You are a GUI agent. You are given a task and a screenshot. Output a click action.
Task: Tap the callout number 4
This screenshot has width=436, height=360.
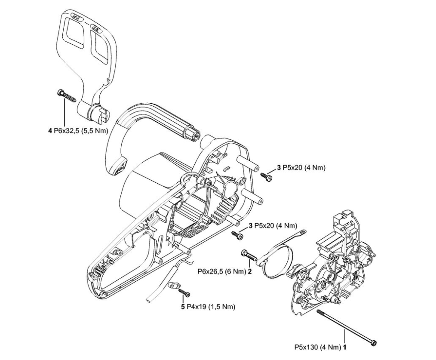50,129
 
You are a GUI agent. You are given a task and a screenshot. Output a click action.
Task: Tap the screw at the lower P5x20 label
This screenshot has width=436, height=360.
237,234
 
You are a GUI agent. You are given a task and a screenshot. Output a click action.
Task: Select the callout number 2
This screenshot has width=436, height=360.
249,272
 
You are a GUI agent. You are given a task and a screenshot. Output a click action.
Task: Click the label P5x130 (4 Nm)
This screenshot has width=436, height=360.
317,346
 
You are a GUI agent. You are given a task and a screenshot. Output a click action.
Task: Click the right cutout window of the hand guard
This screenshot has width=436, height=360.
102,48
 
